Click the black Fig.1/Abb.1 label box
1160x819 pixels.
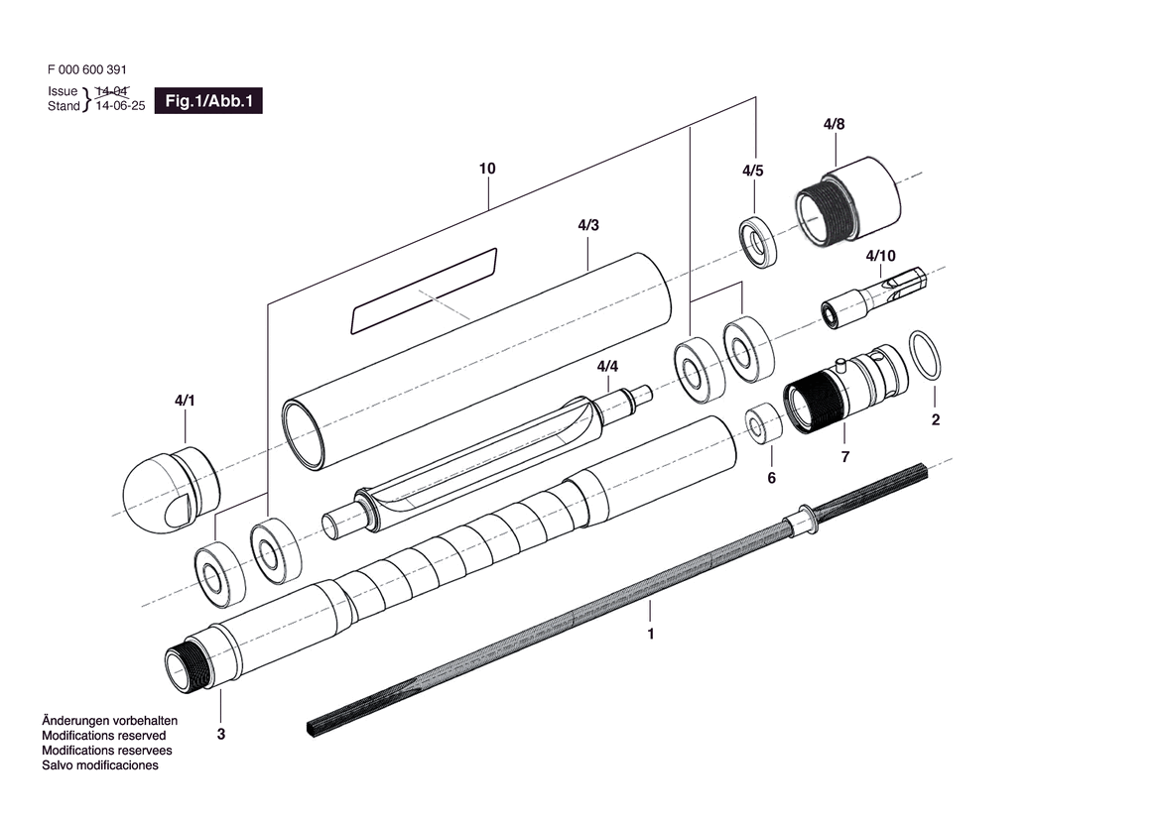click(x=208, y=100)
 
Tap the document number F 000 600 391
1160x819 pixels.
click(x=86, y=70)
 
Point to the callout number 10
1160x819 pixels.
click(x=486, y=170)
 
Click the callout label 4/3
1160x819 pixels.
click(x=587, y=225)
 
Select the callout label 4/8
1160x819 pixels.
click(x=834, y=124)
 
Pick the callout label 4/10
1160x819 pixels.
click(x=880, y=256)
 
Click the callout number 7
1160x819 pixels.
click(x=845, y=457)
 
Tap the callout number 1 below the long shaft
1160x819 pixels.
click(x=651, y=634)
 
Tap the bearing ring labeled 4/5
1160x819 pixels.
click(x=759, y=241)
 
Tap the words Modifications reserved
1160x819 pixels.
click(x=104, y=736)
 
